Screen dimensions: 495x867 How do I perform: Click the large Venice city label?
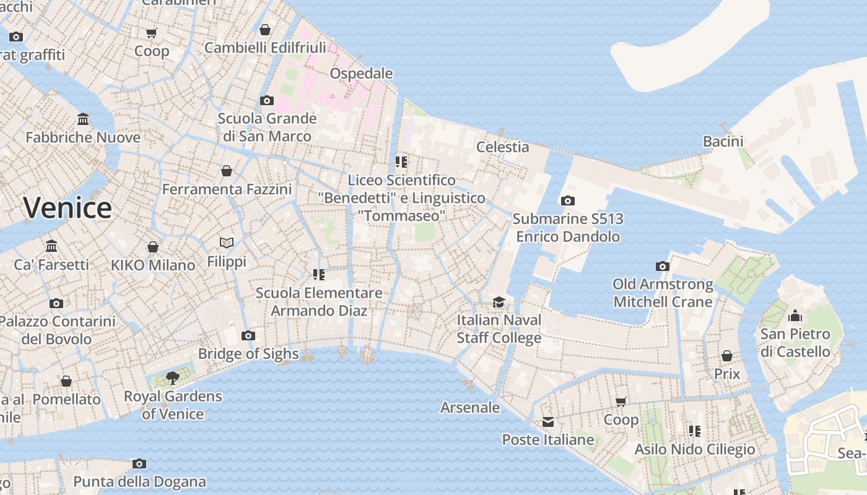click(x=68, y=207)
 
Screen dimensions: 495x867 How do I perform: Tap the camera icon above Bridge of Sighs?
click(x=248, y=335)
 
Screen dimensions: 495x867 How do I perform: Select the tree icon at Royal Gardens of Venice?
click(x=173, y=377)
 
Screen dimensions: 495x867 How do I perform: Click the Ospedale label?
click(x=361, y=74)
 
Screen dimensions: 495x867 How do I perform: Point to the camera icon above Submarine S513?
click(x=567, y=200)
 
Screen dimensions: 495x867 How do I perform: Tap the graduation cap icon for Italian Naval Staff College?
click(x=499, y=302)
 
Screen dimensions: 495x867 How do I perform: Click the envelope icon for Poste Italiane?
click(x=548, y=422)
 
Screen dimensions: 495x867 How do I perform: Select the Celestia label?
click(x=502, y=147)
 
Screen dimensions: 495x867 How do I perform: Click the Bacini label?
click(x=723, y=141)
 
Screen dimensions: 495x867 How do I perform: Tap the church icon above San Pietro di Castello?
click(x=795, y=316)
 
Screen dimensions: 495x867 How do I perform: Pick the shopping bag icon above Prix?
click(x=727, y=356)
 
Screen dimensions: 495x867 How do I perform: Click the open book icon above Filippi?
click(x=227, y=243)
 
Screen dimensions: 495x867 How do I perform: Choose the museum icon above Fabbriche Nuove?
click(x=83, y=118)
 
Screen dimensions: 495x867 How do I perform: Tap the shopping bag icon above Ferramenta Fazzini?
click(x=227, y=171)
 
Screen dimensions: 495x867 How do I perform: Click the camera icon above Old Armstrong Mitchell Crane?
click(x=663, y=266)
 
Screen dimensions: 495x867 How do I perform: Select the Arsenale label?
click(x=470, y=407)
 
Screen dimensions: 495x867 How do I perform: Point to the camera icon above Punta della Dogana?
click(x=139, y=463)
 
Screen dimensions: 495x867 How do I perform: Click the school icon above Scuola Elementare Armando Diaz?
click(x=319, y=274)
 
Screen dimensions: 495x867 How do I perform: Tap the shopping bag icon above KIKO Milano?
click(x=153, y=247)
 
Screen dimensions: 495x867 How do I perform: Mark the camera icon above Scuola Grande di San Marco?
click(x=267, y=100)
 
